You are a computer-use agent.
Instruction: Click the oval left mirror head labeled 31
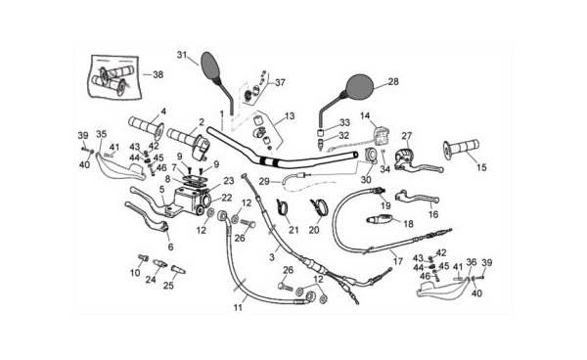[x=211, y=66]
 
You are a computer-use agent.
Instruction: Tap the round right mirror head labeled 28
[x=359, y=88]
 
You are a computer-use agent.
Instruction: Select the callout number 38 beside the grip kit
[x=158, y=74]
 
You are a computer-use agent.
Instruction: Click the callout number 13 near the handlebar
[x=289, y=116]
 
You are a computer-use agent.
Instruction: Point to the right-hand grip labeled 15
[x=461, y=148]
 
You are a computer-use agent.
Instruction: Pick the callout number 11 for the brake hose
[x=238, y=307]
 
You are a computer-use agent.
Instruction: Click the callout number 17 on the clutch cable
[x=397, y=261]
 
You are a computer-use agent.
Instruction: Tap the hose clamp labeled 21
[x=284, y=207]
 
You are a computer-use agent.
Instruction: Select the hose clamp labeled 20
[x=319, y=207]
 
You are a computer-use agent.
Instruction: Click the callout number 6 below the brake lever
[x=170, y=247]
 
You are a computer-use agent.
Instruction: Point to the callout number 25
[x=168, y=286]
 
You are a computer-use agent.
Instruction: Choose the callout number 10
[x=135, y=273]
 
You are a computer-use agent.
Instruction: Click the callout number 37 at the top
[x=280, y=82]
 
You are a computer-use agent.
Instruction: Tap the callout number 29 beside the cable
[x=264, y=182]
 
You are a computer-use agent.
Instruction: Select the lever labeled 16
[x=417, y=197]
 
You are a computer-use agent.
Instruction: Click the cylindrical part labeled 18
[x=379, y=218]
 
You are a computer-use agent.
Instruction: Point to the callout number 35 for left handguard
[x=101, y=134]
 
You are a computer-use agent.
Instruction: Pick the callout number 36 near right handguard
[x=472, y=262]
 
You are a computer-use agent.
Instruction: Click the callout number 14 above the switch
[x=365, y=116]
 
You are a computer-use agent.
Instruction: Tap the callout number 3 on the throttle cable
[x=272, y=257]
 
